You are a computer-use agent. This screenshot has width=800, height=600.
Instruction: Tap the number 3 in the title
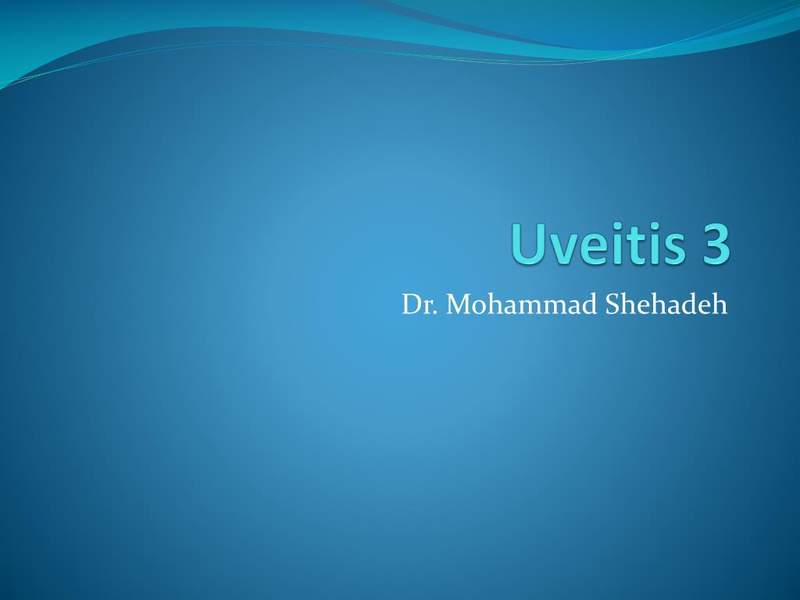714,245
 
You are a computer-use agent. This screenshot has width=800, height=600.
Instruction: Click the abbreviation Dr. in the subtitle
420,305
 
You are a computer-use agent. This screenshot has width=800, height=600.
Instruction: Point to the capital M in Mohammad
459,305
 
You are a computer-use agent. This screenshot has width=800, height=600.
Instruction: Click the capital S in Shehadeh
612,305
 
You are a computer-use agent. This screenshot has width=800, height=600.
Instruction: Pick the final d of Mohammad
590,305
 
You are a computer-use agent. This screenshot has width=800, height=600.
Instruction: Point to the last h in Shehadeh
720,305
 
